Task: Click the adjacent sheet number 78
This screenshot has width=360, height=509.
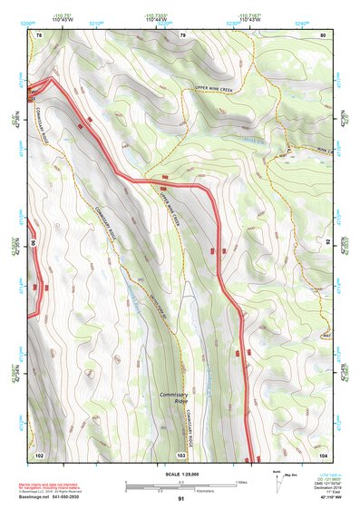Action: pyautogui.click(x=39, y=34)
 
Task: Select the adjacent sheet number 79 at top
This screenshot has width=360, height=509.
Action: pyautogui.click(x=182, y=34)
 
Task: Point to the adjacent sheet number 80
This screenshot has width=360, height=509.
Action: pyautogui.click(x=322, y=34)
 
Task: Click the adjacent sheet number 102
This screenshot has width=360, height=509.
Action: pyautogui.click(x=39, y=453)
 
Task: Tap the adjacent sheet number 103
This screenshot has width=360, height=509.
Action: pyautogui.click(x=182, y=453)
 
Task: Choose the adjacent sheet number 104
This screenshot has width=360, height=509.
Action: pyautogui.click(x=322, y=453)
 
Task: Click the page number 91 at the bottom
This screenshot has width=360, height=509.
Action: pyautogui.click(x=181, y=499)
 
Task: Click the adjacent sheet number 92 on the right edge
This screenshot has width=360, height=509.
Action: pyautogui.click(x=328, y=243)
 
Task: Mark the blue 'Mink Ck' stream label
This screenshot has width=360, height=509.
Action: pyautogui.click(x=254, y=141)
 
